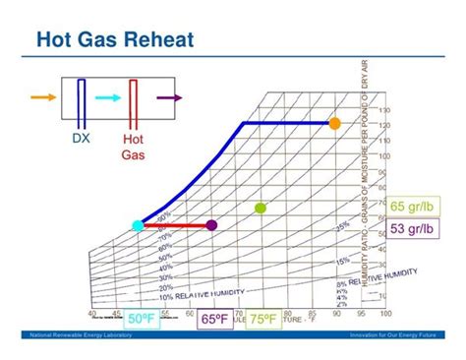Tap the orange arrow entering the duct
tap(42, 97)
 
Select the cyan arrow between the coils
tap(109, 97)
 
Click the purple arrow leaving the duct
tap(169, 97)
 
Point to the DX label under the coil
tap(83, 139)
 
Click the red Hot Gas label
tap(133, 147)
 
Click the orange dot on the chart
tap(334, 123)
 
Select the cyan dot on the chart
tap(139, 226)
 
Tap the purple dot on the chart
tap(210, 225)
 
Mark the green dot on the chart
tap(261, 208)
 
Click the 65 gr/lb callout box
tap(413, 207)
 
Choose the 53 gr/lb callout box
tap(413, 229)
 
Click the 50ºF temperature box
tap(141, 319)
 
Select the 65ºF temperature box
tap(216, 319)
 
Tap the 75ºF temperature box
tap(262, 319)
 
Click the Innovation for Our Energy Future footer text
tap(393, 336)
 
